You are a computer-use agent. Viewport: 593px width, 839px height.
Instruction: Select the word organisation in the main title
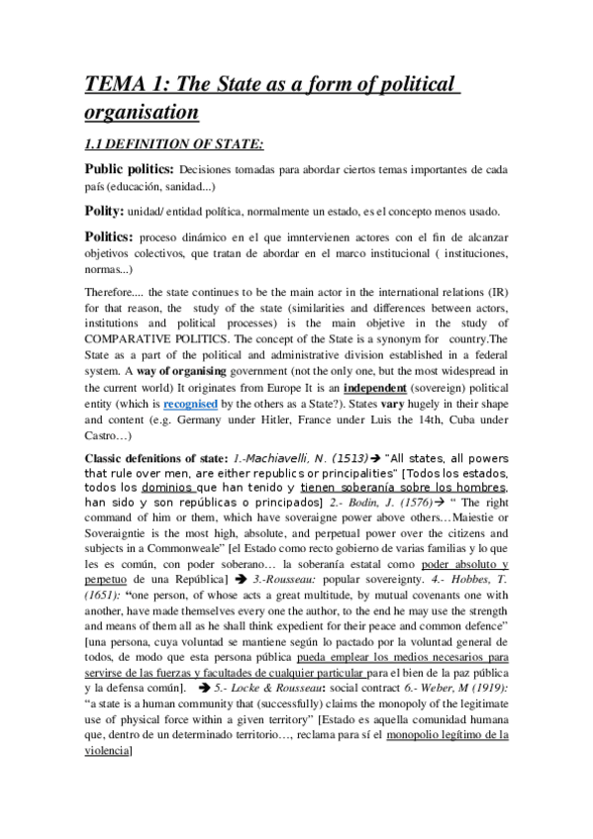click(x=142, y=111)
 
